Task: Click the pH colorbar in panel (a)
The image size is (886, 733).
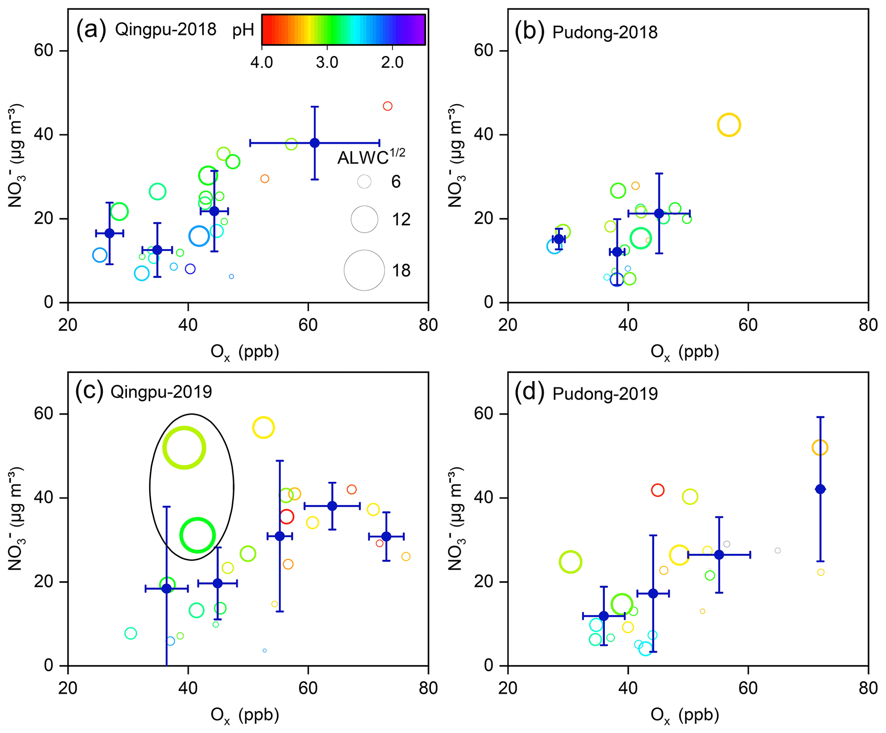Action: (343, 30)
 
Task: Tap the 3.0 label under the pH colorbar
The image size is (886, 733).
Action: (327, 63)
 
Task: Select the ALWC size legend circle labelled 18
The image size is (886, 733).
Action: (364, 270)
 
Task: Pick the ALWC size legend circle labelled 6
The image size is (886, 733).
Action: (364, 182)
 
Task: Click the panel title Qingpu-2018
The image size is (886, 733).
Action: (165, 30)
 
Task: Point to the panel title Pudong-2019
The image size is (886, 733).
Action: (605, 394)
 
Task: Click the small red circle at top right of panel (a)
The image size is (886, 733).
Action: (387, 106)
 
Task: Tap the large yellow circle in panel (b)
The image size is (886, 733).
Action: (729, 125)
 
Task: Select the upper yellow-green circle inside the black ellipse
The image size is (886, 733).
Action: (184, 448)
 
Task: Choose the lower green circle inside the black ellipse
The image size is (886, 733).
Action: (197, 535)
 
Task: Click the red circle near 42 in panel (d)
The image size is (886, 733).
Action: (658, 490)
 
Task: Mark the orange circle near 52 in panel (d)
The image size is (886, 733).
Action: (820, 448)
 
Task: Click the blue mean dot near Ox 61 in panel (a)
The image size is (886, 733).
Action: (315, 143)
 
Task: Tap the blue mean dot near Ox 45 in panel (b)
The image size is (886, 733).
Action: (659, 213)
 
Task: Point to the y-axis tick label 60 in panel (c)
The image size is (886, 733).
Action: (43, 414)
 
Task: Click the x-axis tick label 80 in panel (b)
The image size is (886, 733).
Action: (868, 325)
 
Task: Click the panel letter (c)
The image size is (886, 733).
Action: (89, 391)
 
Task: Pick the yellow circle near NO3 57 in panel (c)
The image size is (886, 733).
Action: (263, 427)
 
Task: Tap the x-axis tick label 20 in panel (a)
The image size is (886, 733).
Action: (68, 325)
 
